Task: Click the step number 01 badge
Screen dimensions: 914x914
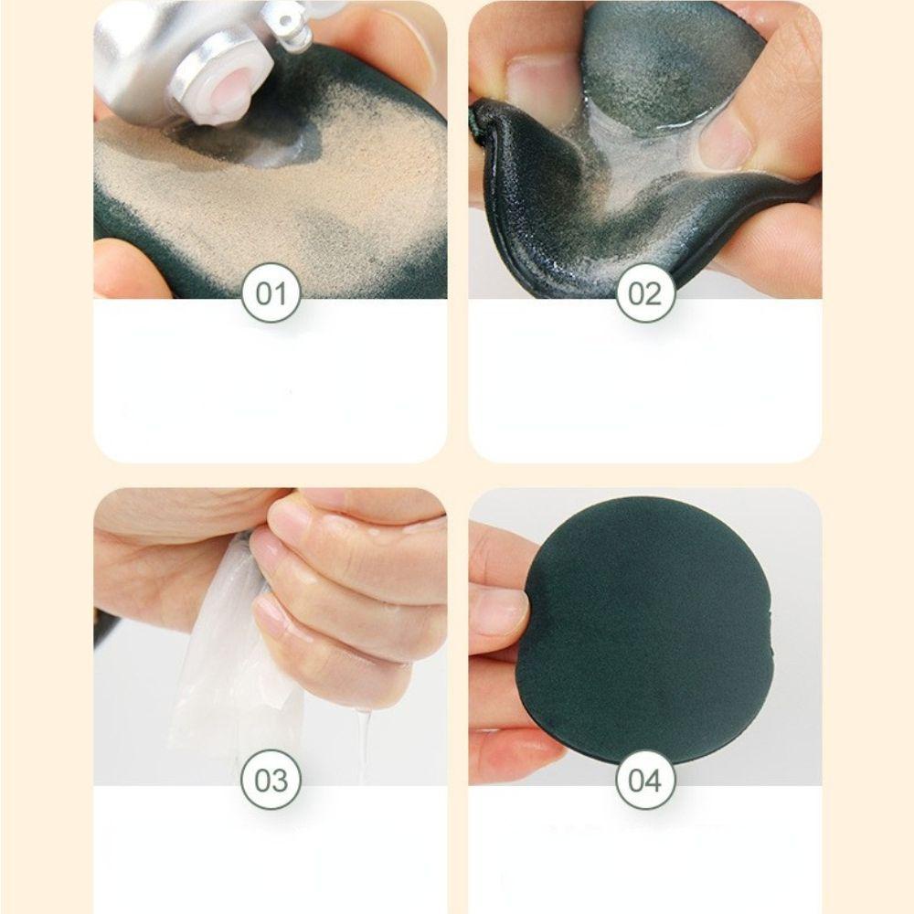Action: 271,292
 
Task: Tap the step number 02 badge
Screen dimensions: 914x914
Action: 645,292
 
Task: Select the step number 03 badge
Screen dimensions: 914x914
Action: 271,780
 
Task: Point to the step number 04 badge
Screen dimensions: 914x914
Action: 645,780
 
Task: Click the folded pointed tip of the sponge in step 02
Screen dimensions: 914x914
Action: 482,113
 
